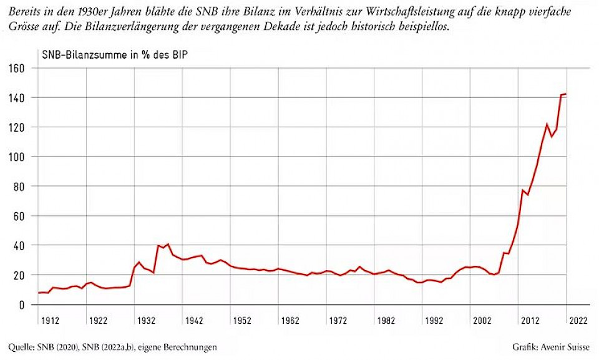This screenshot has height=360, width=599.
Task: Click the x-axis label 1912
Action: (x=50, y=320)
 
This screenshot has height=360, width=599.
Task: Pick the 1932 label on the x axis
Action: (x=147, y=320)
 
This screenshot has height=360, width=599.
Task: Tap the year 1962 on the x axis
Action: (x=290, y=320)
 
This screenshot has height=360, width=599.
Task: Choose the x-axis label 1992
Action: (x=434, y=320)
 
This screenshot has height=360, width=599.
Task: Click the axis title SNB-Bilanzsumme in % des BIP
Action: (x=115, y=54)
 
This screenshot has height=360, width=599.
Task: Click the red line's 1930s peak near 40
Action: (x=168, y=244)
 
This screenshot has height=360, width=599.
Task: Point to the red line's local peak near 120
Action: (x=547, y=124)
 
